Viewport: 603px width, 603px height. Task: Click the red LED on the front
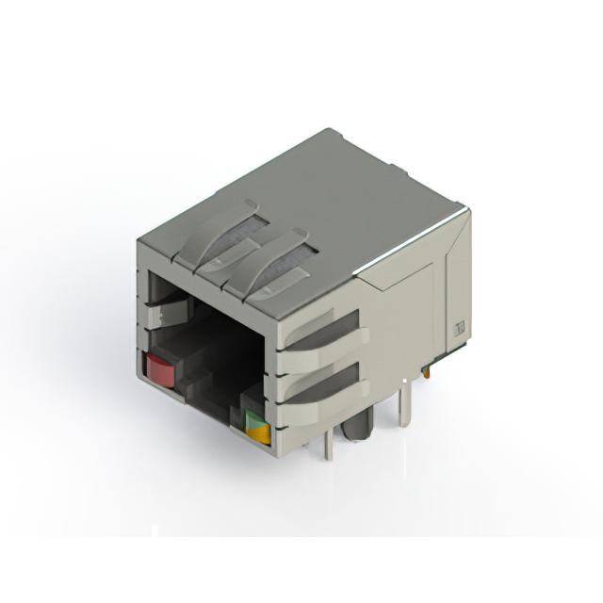pos(161,370)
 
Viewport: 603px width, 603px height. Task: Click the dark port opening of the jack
pos(212,349)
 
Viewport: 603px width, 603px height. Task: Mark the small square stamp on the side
pos(461,328)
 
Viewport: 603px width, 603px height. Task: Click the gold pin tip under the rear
pos(429,370)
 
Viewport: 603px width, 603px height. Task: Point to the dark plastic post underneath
pos(356,426)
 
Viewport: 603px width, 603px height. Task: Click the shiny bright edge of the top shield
pos(415,243)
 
